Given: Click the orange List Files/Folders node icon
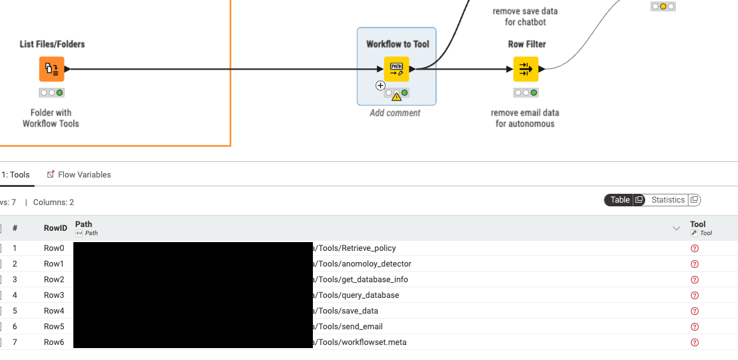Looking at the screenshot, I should [x=52, y=69].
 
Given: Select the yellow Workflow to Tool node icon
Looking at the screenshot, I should [x=396, y=69].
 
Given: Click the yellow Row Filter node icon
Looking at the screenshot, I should [x=525, y=69].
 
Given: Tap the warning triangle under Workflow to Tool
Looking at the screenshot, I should [x=396, y=97].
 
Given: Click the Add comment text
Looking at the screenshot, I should [x=395, y=113].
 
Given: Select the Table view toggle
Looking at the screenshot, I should [x=620, y=200].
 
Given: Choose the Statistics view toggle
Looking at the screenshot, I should [x=668, y=200].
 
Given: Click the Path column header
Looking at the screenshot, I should [x=84, y=224].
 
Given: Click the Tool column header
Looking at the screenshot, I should [x=698, y=224].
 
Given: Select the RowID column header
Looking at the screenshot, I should [x=55, y=228].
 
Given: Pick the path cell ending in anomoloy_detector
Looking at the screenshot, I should [x=363, y=264].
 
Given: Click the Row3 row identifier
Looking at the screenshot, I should [x=54, y=295].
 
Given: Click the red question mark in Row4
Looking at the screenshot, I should [x=694, y=311].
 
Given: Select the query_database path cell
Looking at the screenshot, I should [x=357, y=295].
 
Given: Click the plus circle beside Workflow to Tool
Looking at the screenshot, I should [x=380, y=85].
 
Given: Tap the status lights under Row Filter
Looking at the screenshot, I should [x=525, y=93].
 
